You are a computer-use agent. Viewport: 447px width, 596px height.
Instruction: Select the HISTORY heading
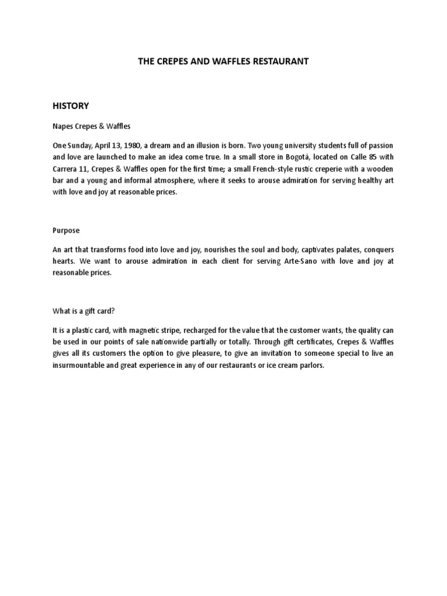coord(70,105)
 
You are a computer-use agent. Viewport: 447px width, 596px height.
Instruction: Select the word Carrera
coord(66,169)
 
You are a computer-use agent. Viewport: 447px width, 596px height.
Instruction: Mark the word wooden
coord(380,169)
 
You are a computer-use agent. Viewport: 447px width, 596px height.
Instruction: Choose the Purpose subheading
coord(66,230)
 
